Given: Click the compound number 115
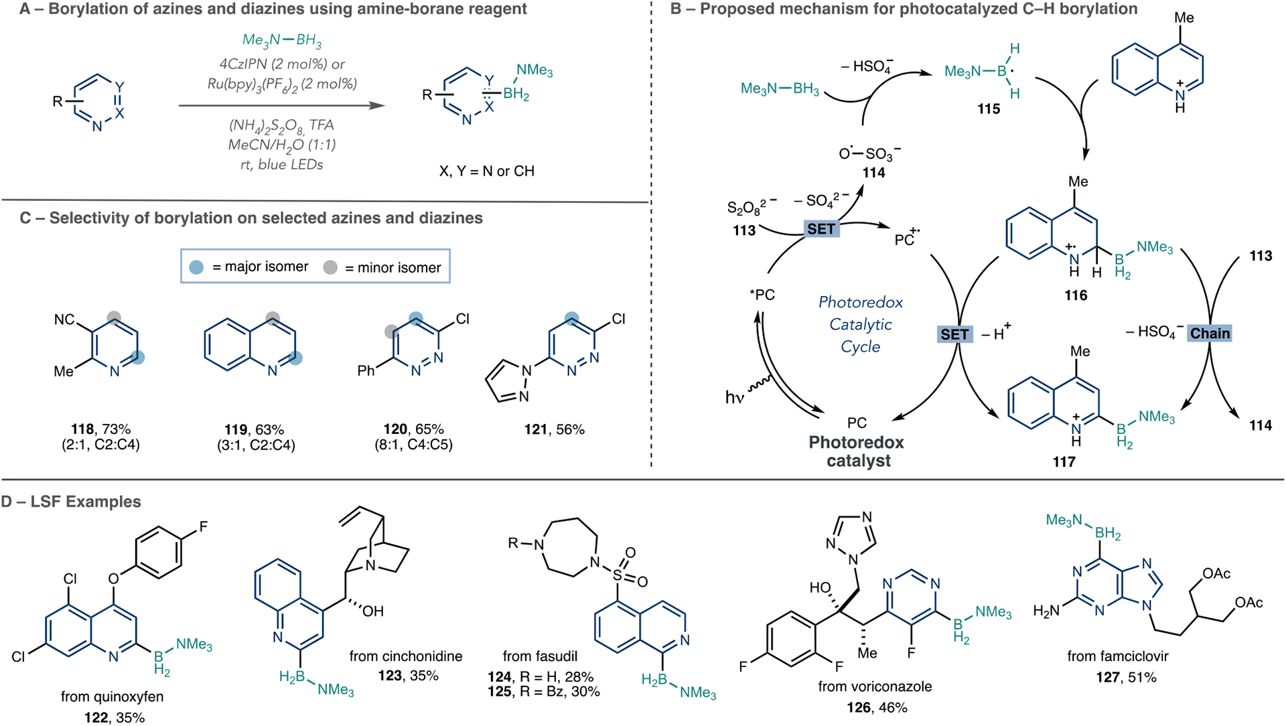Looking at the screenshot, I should pos(989,108).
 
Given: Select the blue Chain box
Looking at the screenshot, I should pos(1210,334).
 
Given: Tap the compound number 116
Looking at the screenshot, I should pos(1076,295).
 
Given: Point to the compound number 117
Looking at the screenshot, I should pos(1064,461).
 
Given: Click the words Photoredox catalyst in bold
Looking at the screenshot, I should pos(857,451).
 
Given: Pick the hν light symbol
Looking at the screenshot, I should pos(735,397).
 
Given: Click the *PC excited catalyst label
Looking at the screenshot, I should pos(762,295).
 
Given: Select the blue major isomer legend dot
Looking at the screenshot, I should pos(196,267).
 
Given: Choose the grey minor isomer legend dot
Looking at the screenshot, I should pos(330,267).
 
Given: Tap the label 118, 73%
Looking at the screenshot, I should pos(101,429).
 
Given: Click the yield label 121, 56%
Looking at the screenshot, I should pos(555,429).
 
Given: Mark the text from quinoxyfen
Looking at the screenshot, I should pos(112,697).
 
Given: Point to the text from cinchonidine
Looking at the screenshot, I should pos(406,656).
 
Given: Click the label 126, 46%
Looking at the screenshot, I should pos(876,707).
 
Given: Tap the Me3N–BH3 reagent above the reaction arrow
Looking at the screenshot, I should pos(282,40).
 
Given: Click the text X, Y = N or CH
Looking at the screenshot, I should pos(487,171).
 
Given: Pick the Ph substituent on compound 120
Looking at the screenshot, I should pos(366,370).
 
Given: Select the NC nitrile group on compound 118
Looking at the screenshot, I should pos(64,319).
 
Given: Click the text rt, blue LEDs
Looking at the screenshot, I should pos(281,165).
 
